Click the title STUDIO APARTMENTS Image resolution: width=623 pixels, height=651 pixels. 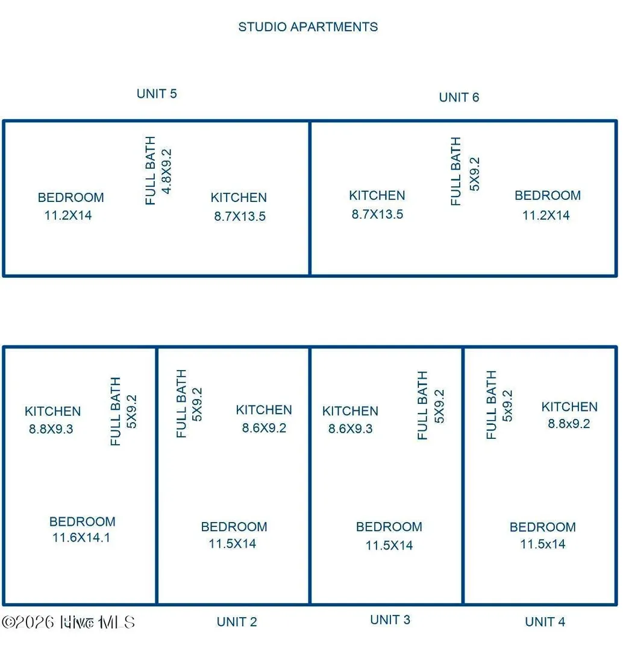pos(308,27)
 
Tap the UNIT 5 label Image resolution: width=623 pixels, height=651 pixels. pos(157,94)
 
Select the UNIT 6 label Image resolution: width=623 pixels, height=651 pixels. pos(459,97)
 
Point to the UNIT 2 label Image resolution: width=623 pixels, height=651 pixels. pos(237,622)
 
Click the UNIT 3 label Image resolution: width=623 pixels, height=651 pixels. pos(390,620)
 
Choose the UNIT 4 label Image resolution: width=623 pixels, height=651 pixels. pos(545,622)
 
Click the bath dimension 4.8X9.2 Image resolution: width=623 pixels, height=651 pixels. pos(166,171)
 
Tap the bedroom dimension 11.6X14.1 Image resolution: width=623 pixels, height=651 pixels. pos(81,538)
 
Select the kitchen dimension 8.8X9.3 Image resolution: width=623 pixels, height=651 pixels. pos(51,429)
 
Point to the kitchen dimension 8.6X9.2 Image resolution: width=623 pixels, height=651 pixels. pos(264,428)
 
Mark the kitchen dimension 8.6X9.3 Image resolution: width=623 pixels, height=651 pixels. pos(350,429)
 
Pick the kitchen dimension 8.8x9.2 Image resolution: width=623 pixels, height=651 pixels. pos(569,424)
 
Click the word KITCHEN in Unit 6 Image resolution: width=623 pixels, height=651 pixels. pos(377,195)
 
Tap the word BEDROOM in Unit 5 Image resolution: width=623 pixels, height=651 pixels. pos(71,198)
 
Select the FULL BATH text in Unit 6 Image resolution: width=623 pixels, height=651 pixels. pos(456,171)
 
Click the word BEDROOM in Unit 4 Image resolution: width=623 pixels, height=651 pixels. pos(543,527)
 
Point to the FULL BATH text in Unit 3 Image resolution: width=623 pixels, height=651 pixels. pos(422,405)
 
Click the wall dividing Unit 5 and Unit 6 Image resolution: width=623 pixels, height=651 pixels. pos(310,198)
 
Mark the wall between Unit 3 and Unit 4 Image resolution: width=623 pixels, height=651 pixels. pos(463,476)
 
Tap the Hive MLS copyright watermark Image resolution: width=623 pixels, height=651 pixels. pos(69,622)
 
